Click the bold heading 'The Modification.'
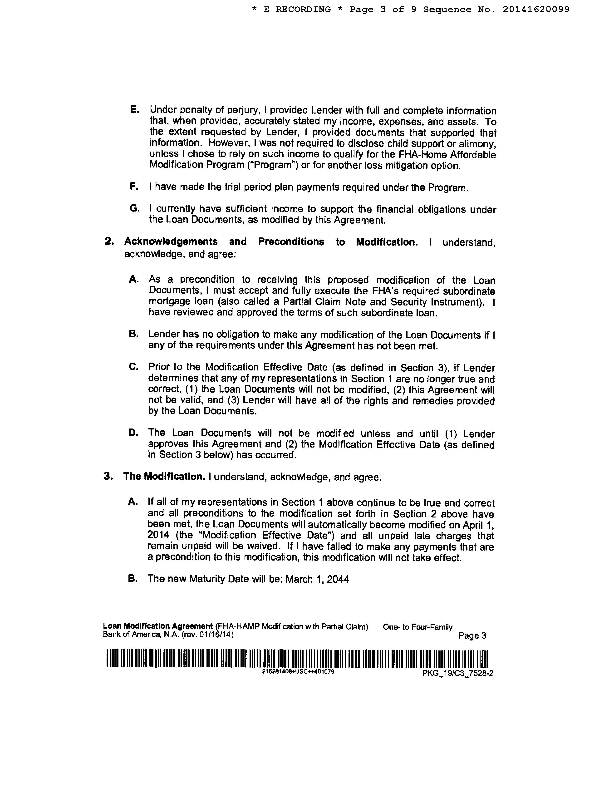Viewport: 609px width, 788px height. [164, 477]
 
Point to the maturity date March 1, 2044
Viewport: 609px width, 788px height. [318, 579]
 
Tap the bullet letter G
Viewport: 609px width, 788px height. [134, 209]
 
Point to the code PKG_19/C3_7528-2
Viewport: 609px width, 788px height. [457, 674]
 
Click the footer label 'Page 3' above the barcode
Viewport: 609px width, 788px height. [472, 636]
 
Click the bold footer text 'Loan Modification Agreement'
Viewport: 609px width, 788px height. [158, 626]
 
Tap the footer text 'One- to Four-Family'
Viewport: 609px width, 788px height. [417, 627]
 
